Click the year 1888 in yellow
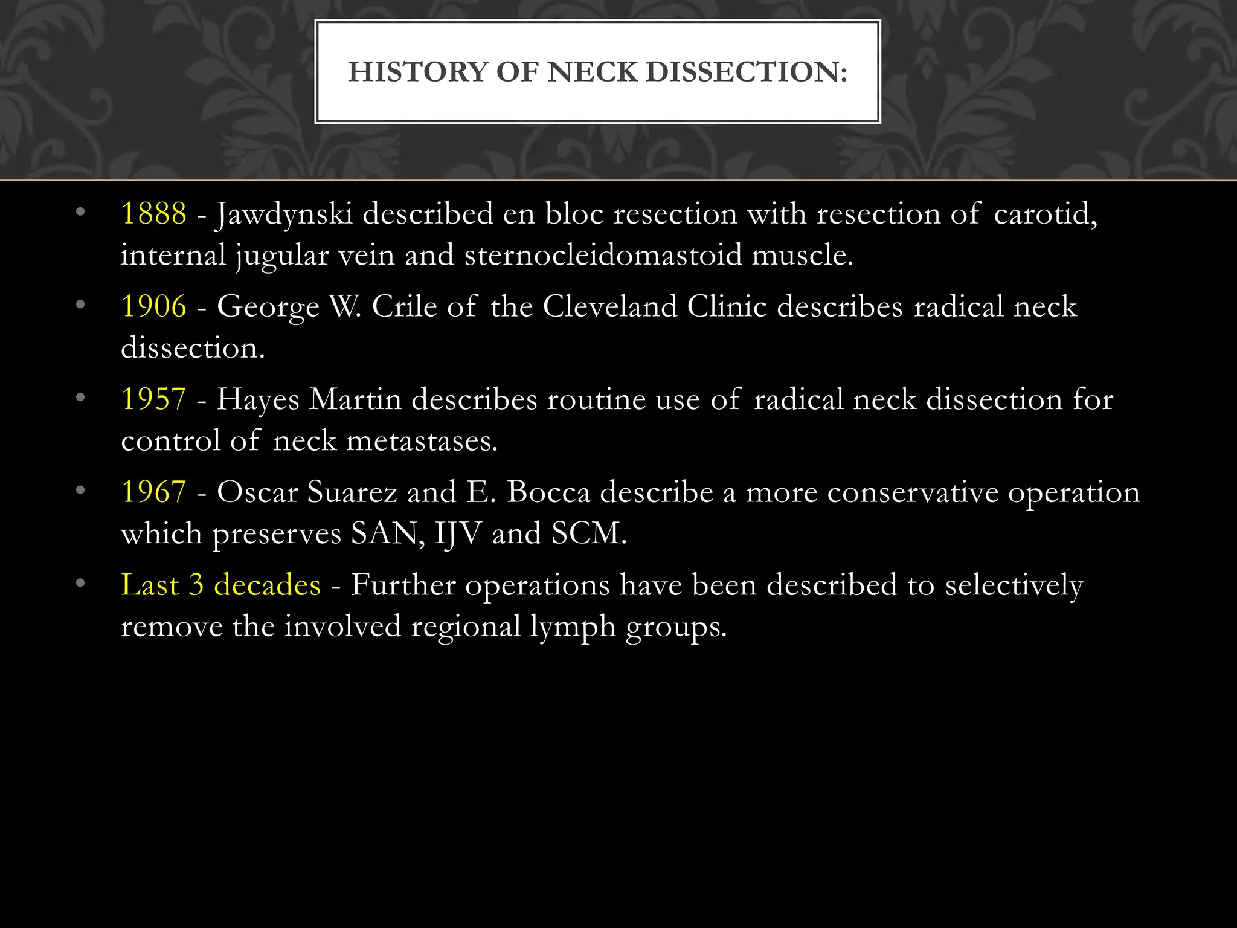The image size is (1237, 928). point(154,214)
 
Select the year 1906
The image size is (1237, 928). point(154,306)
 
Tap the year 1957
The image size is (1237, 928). point(154,399)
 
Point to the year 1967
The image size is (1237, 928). point(154,492)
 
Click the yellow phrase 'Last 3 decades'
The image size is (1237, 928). point(220,585)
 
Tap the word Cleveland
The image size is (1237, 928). point(610,306)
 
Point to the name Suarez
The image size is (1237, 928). point(352,492)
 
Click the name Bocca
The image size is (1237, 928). point(548,492)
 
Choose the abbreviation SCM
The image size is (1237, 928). point(589,533)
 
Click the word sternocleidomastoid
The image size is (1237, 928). point(603,255)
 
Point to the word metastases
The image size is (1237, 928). point(422,441)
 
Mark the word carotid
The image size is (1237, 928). point(1045,214)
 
